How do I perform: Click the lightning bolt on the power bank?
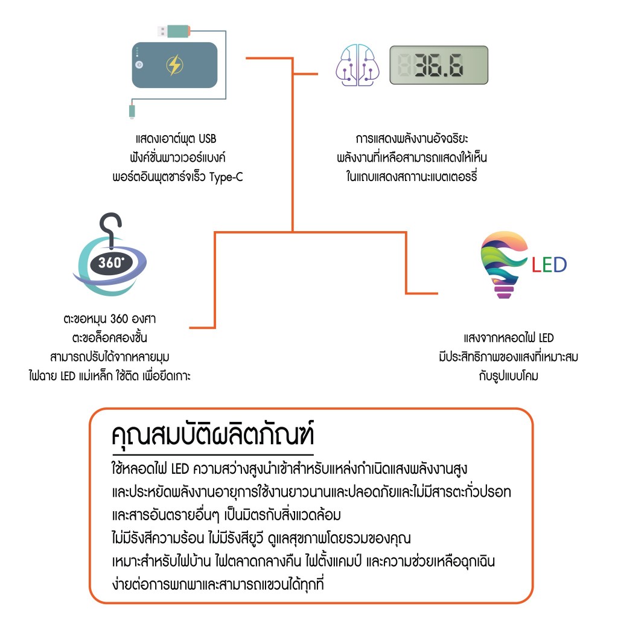174,65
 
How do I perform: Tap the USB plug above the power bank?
174,31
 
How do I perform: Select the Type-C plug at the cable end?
132,111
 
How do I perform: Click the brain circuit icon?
357,65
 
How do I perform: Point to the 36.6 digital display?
439,65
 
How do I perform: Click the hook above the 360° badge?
110,231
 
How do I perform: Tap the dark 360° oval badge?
111,263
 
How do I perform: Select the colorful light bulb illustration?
503,265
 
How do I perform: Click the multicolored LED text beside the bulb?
549,265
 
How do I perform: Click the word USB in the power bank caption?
208,139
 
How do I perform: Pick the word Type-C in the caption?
226,177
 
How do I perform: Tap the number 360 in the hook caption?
119,319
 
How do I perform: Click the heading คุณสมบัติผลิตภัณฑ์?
213,435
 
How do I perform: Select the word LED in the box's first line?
180,469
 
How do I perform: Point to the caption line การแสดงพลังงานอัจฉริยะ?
412,139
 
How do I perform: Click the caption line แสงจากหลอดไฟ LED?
509,338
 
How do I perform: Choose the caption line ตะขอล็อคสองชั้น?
110,338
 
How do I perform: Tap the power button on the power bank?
139,65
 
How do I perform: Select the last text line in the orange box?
218,584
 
